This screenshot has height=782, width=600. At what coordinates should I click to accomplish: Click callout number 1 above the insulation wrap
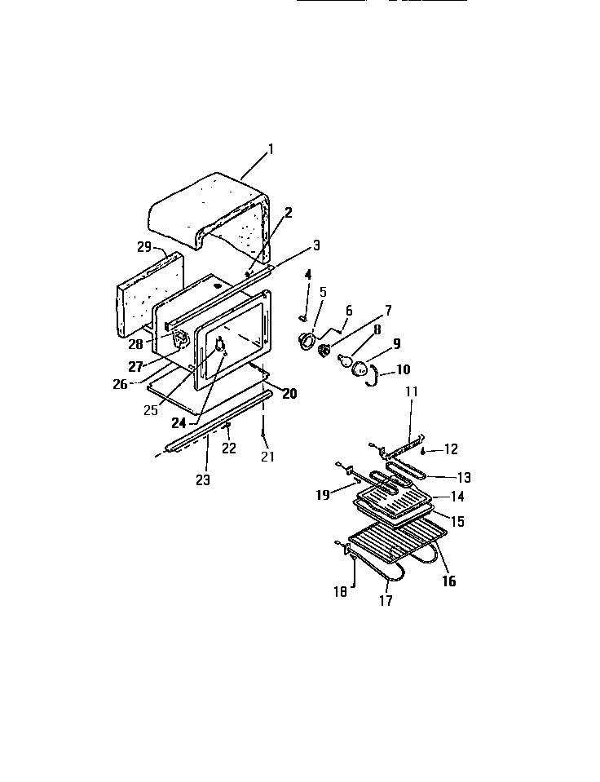271,149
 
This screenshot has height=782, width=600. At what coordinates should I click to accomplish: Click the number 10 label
402,369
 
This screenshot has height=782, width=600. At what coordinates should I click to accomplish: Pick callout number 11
412,392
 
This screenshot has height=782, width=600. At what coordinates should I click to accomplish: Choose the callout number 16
448,581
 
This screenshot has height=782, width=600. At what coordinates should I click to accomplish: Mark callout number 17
386,601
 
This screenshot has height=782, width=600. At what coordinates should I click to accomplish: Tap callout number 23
202,480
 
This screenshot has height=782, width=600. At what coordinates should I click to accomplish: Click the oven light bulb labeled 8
344,359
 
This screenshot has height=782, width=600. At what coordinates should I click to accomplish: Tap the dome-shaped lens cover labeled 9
360,371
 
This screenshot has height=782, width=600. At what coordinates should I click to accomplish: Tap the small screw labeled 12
425,450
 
